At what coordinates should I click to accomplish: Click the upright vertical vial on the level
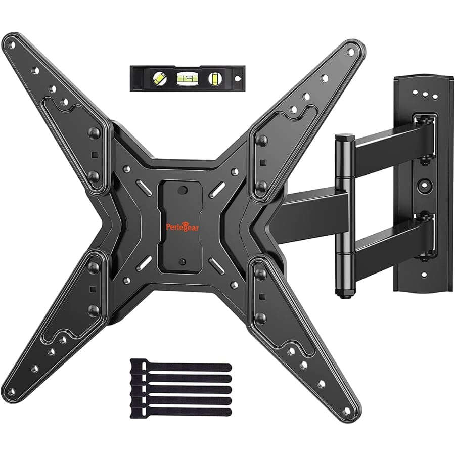215,78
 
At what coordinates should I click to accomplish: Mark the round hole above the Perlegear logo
183,191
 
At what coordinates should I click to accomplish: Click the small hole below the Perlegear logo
183,261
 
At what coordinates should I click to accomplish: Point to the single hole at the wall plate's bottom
423,275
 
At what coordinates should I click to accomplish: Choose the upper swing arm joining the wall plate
389,147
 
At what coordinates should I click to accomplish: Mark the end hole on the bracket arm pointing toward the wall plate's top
350,51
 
